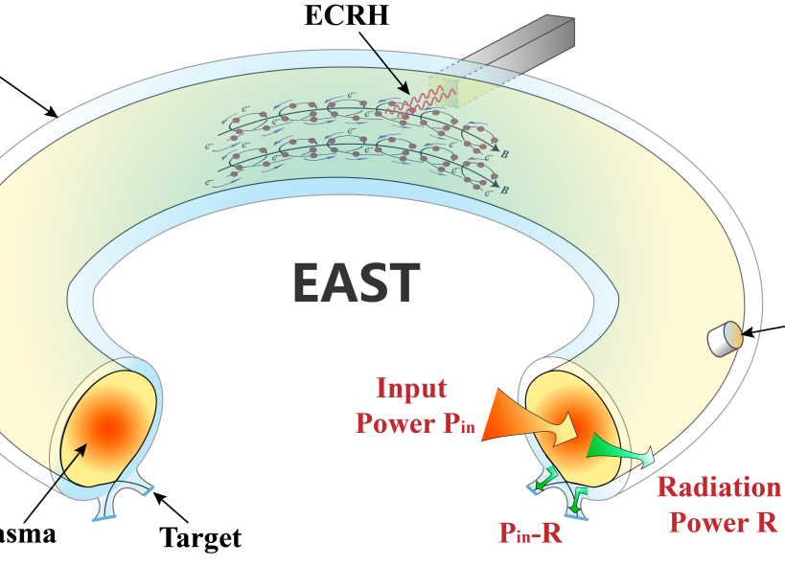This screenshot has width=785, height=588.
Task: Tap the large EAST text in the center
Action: [356, 282]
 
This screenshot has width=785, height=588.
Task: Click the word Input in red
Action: [411, 388]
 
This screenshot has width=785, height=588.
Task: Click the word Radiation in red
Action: [719, 486]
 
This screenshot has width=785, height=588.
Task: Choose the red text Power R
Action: [724, 522]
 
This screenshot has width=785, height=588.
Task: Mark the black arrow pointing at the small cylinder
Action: [767, 329]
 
